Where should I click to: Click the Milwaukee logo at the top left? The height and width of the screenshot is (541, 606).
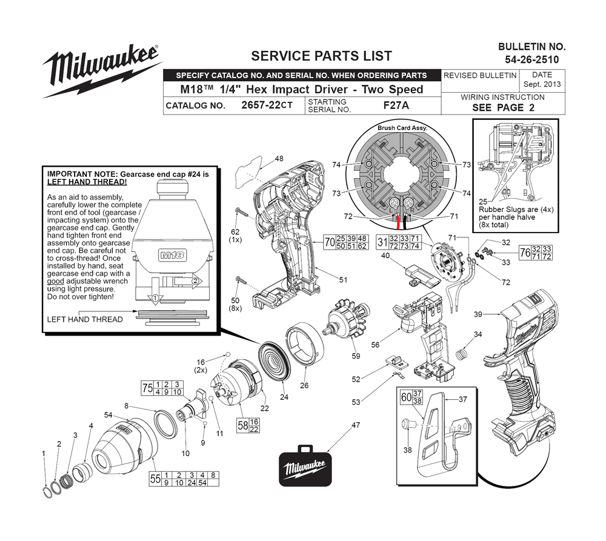pos(101,70)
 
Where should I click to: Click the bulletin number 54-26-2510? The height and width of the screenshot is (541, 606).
pos(532,59)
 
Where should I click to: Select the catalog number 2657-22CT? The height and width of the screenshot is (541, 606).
pos(267,105)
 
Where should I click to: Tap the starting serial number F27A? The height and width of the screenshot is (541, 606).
pos(396,105)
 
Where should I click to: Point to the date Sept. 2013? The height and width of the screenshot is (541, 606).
pos(542,84)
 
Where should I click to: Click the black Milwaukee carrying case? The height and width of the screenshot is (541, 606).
pos(305,466)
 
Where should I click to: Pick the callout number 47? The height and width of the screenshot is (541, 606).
pos(356,425)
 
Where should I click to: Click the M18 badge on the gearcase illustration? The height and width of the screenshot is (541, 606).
pos(172,255)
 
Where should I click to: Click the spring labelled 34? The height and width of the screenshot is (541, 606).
pos(461,354)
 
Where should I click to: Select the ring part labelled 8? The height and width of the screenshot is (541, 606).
pos(166,424)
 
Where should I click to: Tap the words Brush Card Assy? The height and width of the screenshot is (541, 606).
pos(402,128)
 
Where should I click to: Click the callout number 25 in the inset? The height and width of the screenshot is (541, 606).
pos(483,201)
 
